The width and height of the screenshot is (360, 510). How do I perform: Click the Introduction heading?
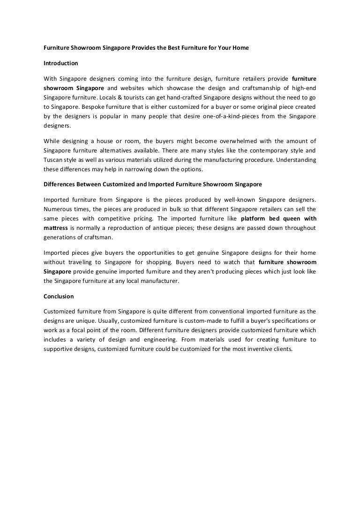(x=60, y=62)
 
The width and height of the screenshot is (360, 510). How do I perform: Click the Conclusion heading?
(x=59, y=297)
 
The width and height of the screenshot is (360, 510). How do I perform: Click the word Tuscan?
(x=53, y=160)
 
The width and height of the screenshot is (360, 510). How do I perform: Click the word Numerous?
(x=57, y=209)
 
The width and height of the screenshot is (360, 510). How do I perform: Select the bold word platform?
(x=256, y=218)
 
